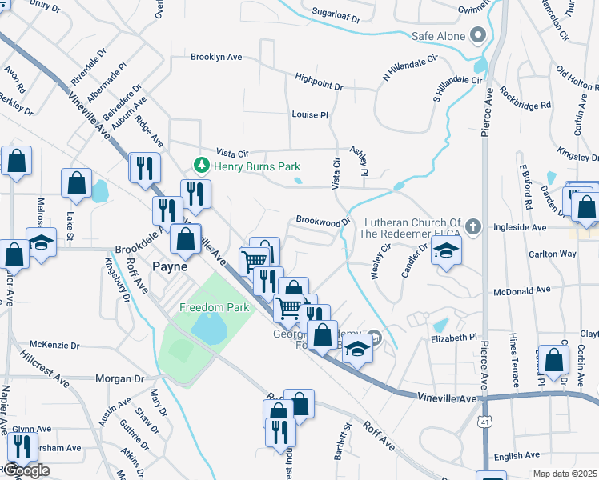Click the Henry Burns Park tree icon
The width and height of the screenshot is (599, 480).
pyautogui.click(x=201, y=166)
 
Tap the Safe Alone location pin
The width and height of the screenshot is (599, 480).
pyautogui.click(x=479, y=35)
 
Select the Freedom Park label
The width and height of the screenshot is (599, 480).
pyautogui.click(x=214, y=307)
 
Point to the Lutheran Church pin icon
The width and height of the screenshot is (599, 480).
pyautogui.click(x=473, y=227)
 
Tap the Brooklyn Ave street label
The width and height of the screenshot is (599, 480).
pyautogui.click(x=216, y=58)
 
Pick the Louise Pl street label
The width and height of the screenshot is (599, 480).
pyautogui.click(x=310, y=114)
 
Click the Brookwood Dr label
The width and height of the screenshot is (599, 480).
pyautogui.click(x=324, y=219)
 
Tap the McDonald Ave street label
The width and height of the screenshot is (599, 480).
pyautogui.click(x=522, y=290)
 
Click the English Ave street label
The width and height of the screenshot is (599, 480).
pyautogui.click(x=517, y=456)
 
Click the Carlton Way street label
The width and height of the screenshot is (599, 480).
pyautogui.click(x=552, y=254)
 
